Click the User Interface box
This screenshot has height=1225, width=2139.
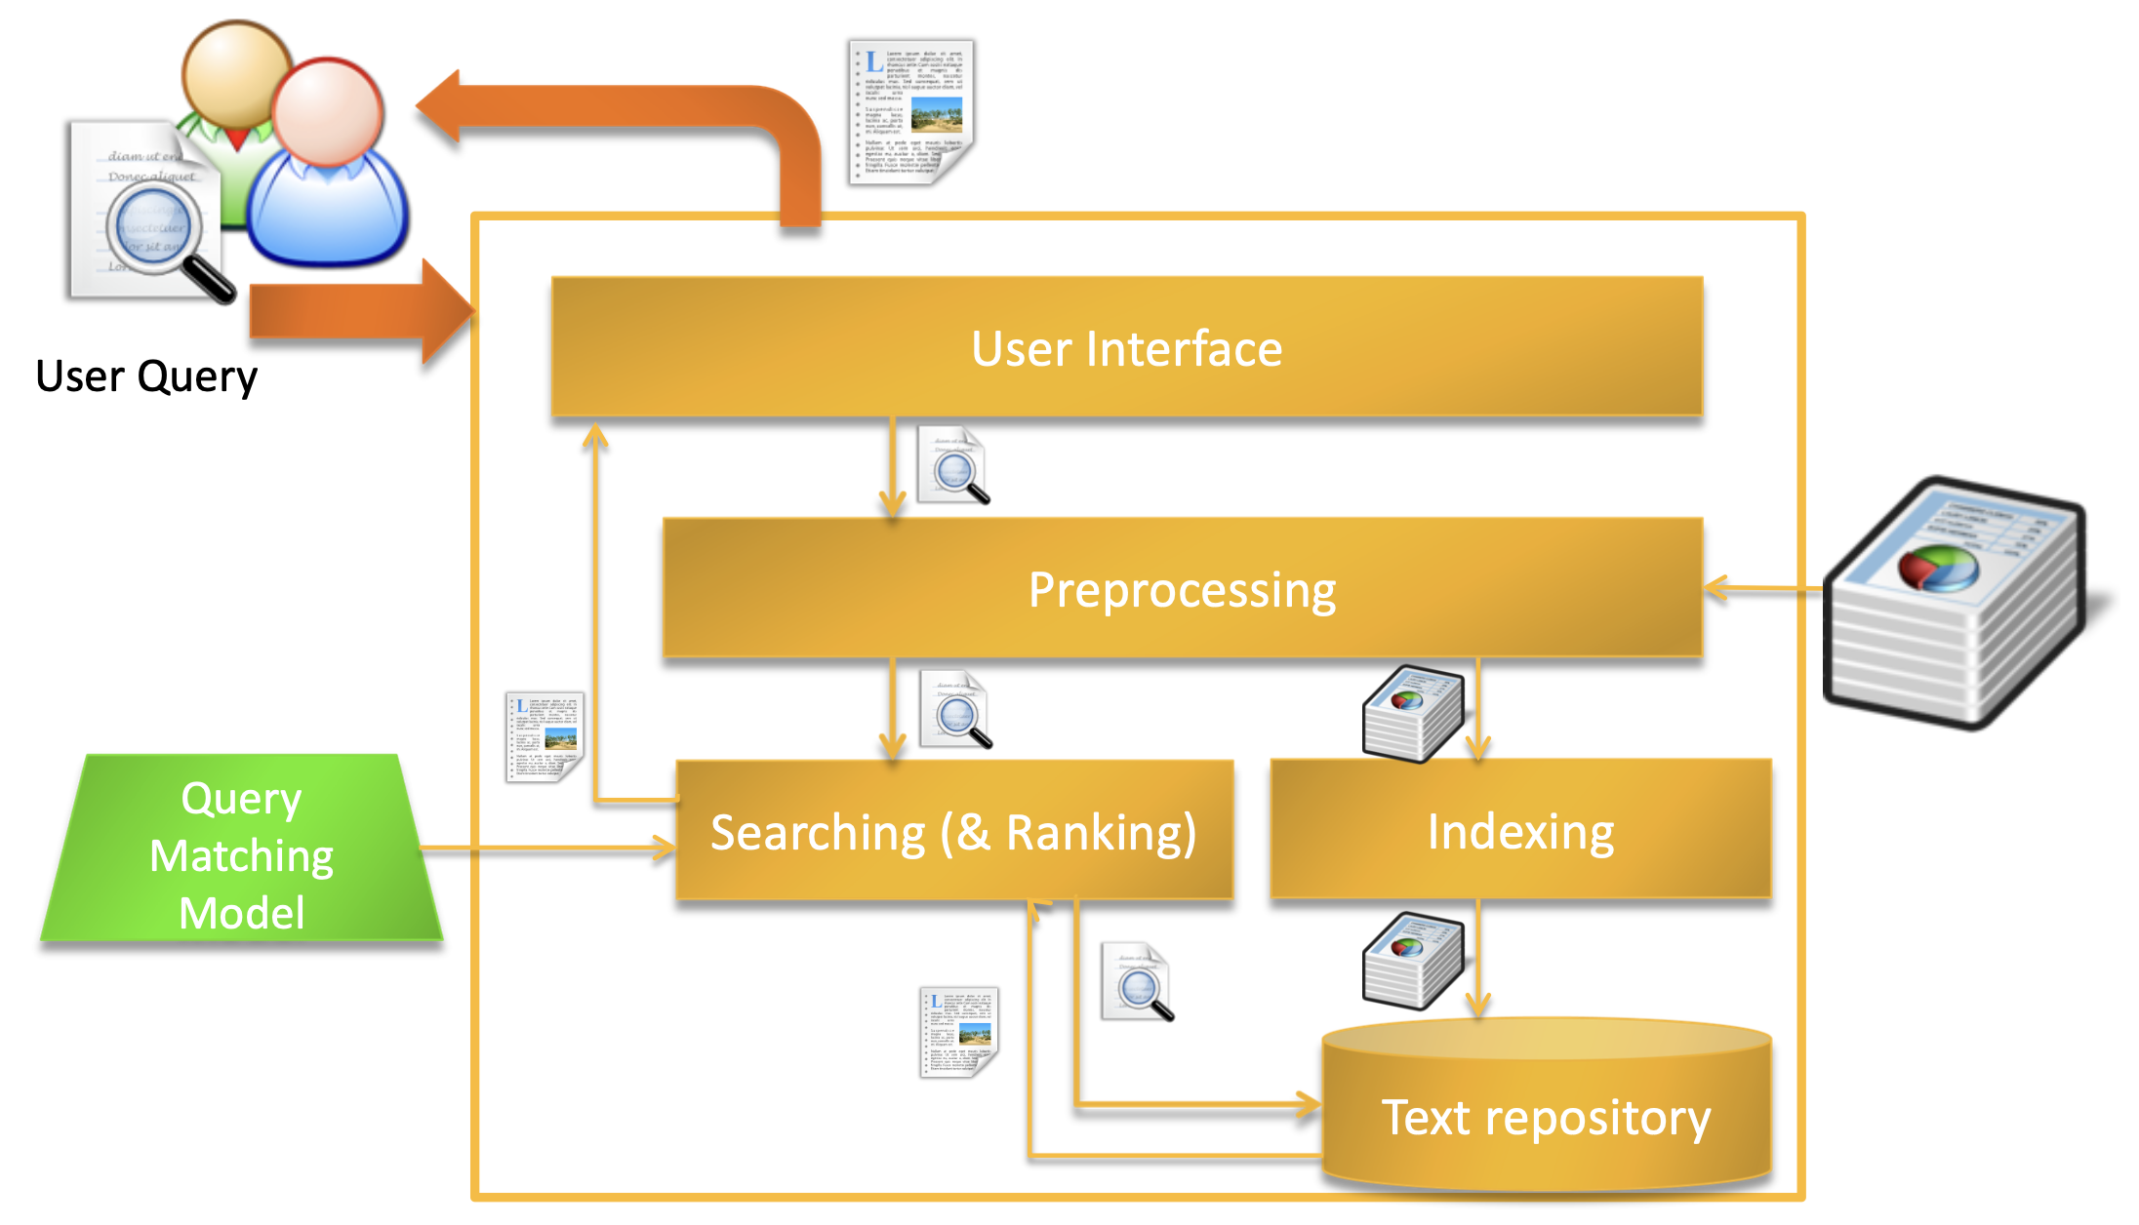coord(1127,348)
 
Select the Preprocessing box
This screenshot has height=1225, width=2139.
coord(1182,589)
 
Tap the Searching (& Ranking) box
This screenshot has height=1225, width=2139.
coord(953,831)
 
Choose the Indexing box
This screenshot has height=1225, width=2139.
coord(1520,830)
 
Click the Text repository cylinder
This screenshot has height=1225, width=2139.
coord(1546,1112)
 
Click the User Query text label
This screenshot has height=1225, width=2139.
coord(146,376)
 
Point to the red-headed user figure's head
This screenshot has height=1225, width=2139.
coord(327,110)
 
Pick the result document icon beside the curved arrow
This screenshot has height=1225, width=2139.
coord(911,111)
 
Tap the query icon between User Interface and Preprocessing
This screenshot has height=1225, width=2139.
coord(954,466)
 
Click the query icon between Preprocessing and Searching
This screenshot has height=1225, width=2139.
coord(956,710)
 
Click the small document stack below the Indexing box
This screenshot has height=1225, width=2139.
coord(1412,961)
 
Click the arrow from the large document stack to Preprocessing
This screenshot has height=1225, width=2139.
coord(1762,588)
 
